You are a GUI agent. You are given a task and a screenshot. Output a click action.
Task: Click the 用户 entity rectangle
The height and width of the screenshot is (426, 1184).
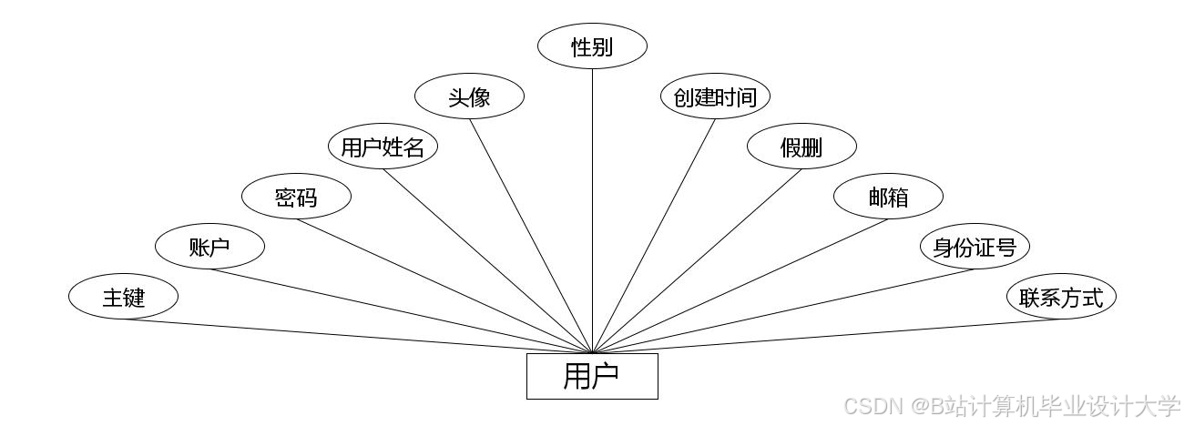[592, 376]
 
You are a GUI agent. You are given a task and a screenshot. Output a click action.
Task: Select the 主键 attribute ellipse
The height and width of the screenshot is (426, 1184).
[123, 297]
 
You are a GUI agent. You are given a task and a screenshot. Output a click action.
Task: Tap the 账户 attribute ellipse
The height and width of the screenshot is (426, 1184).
[209, 247]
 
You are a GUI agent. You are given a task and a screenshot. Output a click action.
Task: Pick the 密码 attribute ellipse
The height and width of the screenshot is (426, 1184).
[296, 197]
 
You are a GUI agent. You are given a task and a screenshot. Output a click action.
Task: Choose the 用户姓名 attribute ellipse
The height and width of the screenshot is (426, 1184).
[383, 147]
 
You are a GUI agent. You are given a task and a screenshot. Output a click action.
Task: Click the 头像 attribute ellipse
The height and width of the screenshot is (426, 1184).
[469, 96]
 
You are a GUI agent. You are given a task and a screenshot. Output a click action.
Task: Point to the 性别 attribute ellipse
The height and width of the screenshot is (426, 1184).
[592, 46]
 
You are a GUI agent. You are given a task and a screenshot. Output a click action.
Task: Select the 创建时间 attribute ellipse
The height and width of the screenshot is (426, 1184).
[715, 96]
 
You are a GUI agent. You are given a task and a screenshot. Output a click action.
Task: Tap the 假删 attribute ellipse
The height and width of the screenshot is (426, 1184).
[801, 147]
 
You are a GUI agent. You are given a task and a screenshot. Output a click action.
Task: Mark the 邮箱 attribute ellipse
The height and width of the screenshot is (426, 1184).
[888, 197]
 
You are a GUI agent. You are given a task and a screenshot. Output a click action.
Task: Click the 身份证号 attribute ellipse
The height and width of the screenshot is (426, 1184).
[975, 247]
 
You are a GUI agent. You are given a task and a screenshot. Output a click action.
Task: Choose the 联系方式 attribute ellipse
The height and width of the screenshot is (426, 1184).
[1061, 297]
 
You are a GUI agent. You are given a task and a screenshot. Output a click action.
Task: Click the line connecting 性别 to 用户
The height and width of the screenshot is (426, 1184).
[592, 209]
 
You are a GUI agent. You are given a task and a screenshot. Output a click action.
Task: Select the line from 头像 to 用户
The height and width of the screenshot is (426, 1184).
[531, 236]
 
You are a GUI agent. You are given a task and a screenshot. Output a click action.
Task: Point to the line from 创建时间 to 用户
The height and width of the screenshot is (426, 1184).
[653, 236]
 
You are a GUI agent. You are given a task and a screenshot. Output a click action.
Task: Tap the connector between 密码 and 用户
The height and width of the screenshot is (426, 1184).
[444, 286]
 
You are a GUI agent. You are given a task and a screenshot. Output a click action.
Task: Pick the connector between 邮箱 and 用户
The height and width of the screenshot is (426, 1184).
[740, 286]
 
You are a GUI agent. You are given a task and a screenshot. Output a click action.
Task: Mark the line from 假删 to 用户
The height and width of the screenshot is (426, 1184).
[697, 261]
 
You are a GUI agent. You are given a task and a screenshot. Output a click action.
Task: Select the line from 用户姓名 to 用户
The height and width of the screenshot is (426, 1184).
[487, 261]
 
